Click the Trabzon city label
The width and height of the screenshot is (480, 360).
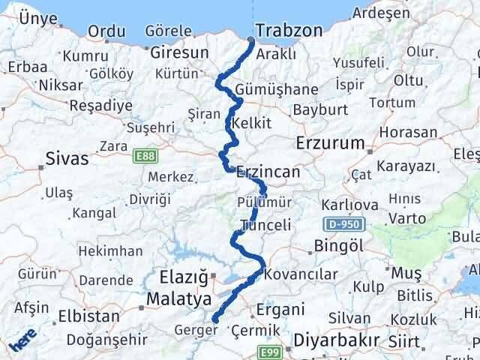pyautogui.click(x=289, y=31)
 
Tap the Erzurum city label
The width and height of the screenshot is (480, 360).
pyautogui.click(x=330, y=142)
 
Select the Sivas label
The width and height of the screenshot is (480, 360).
pyautogui.click(x=67, y=158)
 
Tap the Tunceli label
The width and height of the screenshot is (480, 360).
pyautogui.click(x=265, y=225)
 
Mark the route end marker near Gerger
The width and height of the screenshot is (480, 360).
pyautogui.click(x=215, y=320)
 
